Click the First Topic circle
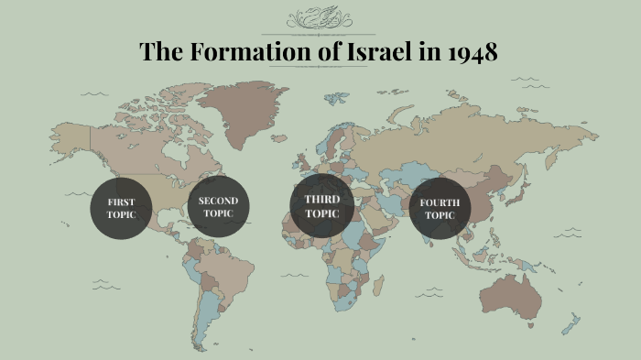click(120, 208)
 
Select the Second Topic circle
click(217, 207)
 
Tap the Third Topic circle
click(321, 206)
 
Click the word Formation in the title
click(241, 52)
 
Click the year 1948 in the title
click(473, 52)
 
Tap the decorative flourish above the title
click(319, 19)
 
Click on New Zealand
click(571, 323)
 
